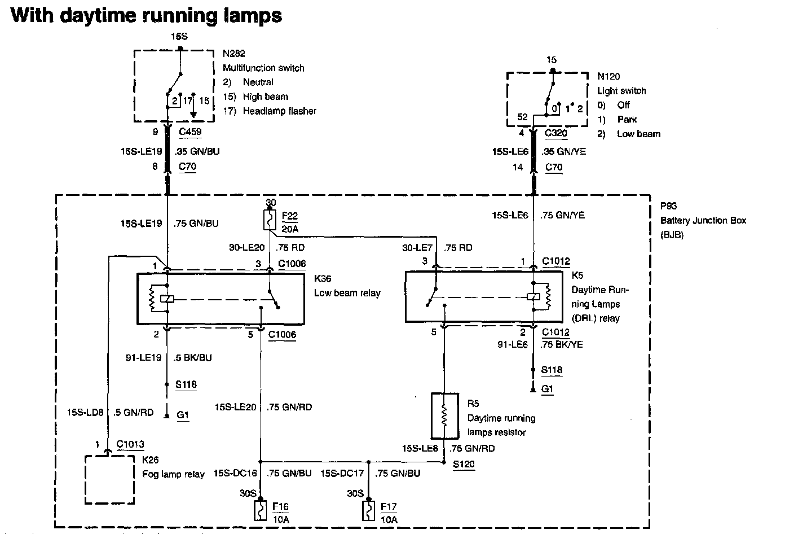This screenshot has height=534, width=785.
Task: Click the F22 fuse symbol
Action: [270, 220]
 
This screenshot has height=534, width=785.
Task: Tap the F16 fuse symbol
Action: [260, 510]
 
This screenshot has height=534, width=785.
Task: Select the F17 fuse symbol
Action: [368, 510]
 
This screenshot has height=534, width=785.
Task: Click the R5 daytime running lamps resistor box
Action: [444, 416]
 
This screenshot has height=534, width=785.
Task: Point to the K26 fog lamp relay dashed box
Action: [110, 480]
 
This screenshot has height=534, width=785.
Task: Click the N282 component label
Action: [233, 53]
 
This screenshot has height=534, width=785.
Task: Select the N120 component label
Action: [608, 76]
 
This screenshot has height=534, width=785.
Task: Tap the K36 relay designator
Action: [323, 279]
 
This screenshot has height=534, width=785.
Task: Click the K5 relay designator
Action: [577, 275]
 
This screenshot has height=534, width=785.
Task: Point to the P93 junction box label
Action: [668, 206]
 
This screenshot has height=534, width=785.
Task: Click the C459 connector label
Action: [190, 132]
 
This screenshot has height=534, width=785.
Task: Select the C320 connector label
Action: [556, 133]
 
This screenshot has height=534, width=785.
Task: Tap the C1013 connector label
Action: [130, 444]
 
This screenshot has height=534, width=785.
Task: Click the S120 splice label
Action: [464, 464]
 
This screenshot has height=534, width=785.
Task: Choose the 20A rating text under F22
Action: [290, 229]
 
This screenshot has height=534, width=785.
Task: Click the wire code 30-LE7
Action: [417, 248]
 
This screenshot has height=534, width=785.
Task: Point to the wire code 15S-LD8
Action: [85, 412]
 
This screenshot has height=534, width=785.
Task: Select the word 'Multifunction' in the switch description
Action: [248, 68]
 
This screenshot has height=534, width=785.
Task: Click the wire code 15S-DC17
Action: [342, 473]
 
